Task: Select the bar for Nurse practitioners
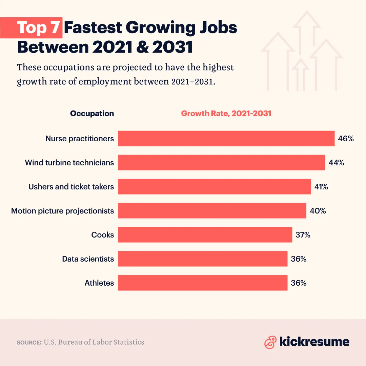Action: (226, 139)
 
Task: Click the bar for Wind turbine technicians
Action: (221, 163)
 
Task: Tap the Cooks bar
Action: (205, 235)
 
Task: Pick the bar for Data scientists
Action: (203, 259)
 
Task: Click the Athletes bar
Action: (203, 283)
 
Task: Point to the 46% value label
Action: (346, 139)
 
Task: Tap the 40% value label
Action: (318, 211)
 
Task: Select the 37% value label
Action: (303, 235)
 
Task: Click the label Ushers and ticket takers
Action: (71, 187)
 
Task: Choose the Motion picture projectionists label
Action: (63, 211)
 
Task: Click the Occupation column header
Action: (92, 114)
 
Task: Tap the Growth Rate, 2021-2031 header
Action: (226, 114)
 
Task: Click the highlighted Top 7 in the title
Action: (39, 27)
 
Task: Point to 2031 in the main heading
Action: (172, 47)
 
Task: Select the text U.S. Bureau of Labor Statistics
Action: (94, 342)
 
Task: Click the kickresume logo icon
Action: (270, 342)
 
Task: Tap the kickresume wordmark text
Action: (314, 342)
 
